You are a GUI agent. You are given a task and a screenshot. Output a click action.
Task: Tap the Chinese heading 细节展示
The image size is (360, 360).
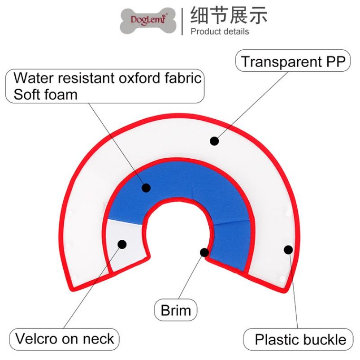point(229,15)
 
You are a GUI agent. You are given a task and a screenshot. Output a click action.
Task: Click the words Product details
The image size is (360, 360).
point(220,31)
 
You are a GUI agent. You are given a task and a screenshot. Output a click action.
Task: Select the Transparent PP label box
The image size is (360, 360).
point(293,61)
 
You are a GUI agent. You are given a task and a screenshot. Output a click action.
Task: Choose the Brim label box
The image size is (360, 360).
point(176,310)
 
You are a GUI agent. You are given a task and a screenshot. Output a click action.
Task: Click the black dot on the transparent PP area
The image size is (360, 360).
point(214,141)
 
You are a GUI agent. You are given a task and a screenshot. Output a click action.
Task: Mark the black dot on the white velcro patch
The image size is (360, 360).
point(122,244)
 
